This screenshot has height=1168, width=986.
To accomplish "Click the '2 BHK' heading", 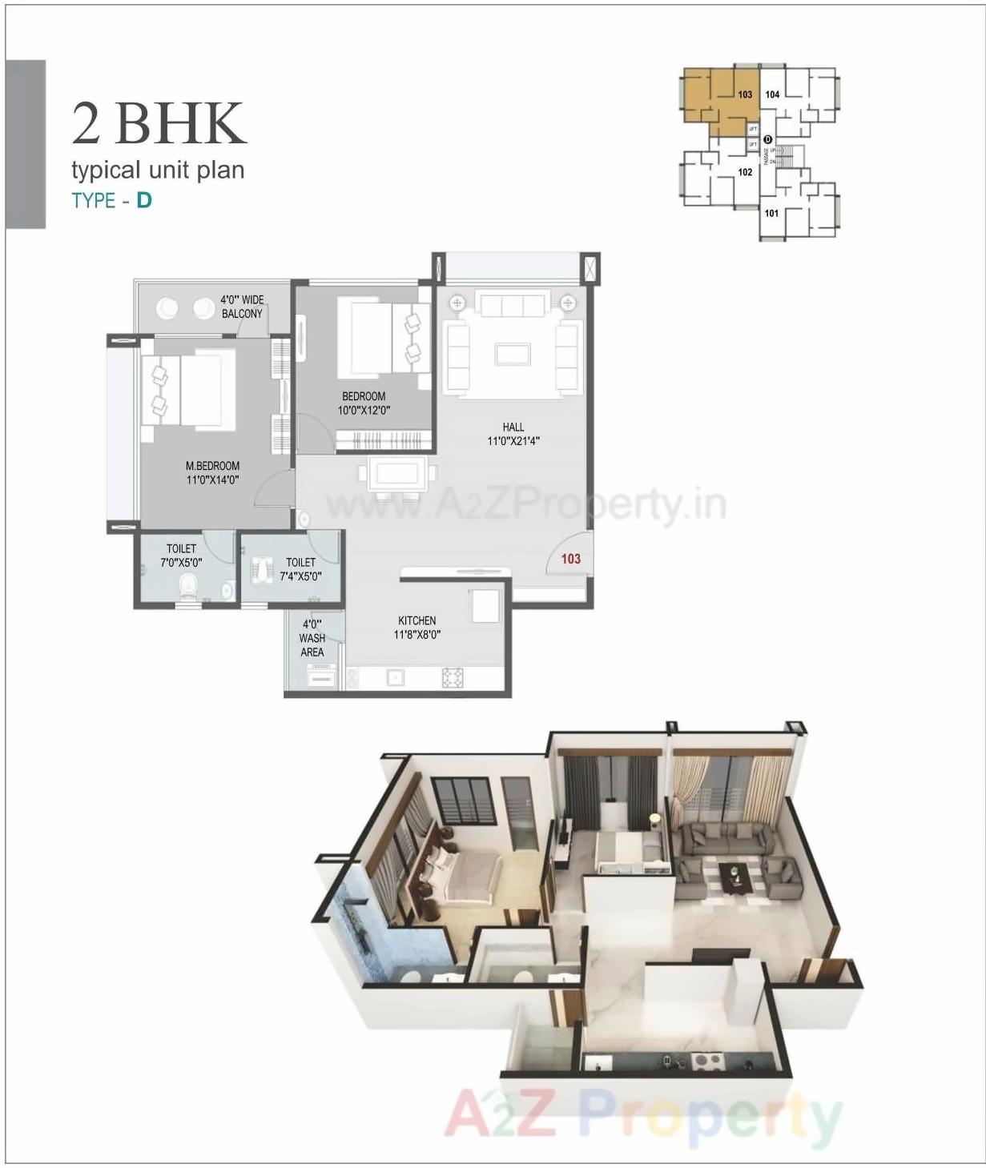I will tap(159, 123).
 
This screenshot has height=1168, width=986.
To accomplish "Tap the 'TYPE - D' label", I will tap(111, 200).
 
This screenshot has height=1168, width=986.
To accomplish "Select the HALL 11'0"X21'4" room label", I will tap(513, 434).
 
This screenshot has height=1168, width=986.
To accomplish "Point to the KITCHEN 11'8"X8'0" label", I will tap(417, 628).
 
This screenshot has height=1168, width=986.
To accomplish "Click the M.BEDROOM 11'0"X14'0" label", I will tap(212, 473).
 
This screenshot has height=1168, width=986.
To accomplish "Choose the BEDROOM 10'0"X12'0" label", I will tap(364, 403).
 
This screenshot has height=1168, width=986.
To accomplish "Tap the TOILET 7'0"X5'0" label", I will tap(181, 556).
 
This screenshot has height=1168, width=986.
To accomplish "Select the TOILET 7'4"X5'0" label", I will tap(300, 569).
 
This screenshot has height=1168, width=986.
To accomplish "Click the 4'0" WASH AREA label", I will tap(312, 638).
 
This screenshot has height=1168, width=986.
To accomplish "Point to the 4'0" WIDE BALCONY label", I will tap(242, 307).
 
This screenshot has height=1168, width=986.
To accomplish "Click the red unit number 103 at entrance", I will tap(570, 559).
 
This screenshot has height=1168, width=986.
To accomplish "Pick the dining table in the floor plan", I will tap(398, 474).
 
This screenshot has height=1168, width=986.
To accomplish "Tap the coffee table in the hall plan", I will tap(512, 353).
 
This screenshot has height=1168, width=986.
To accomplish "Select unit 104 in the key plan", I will tap(772, 94).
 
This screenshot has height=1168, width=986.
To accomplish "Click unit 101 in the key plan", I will tap(771, 214).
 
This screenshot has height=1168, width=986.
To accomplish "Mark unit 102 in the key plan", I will tap(745, 172).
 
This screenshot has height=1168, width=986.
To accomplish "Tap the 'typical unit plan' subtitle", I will tap(158, 171).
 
